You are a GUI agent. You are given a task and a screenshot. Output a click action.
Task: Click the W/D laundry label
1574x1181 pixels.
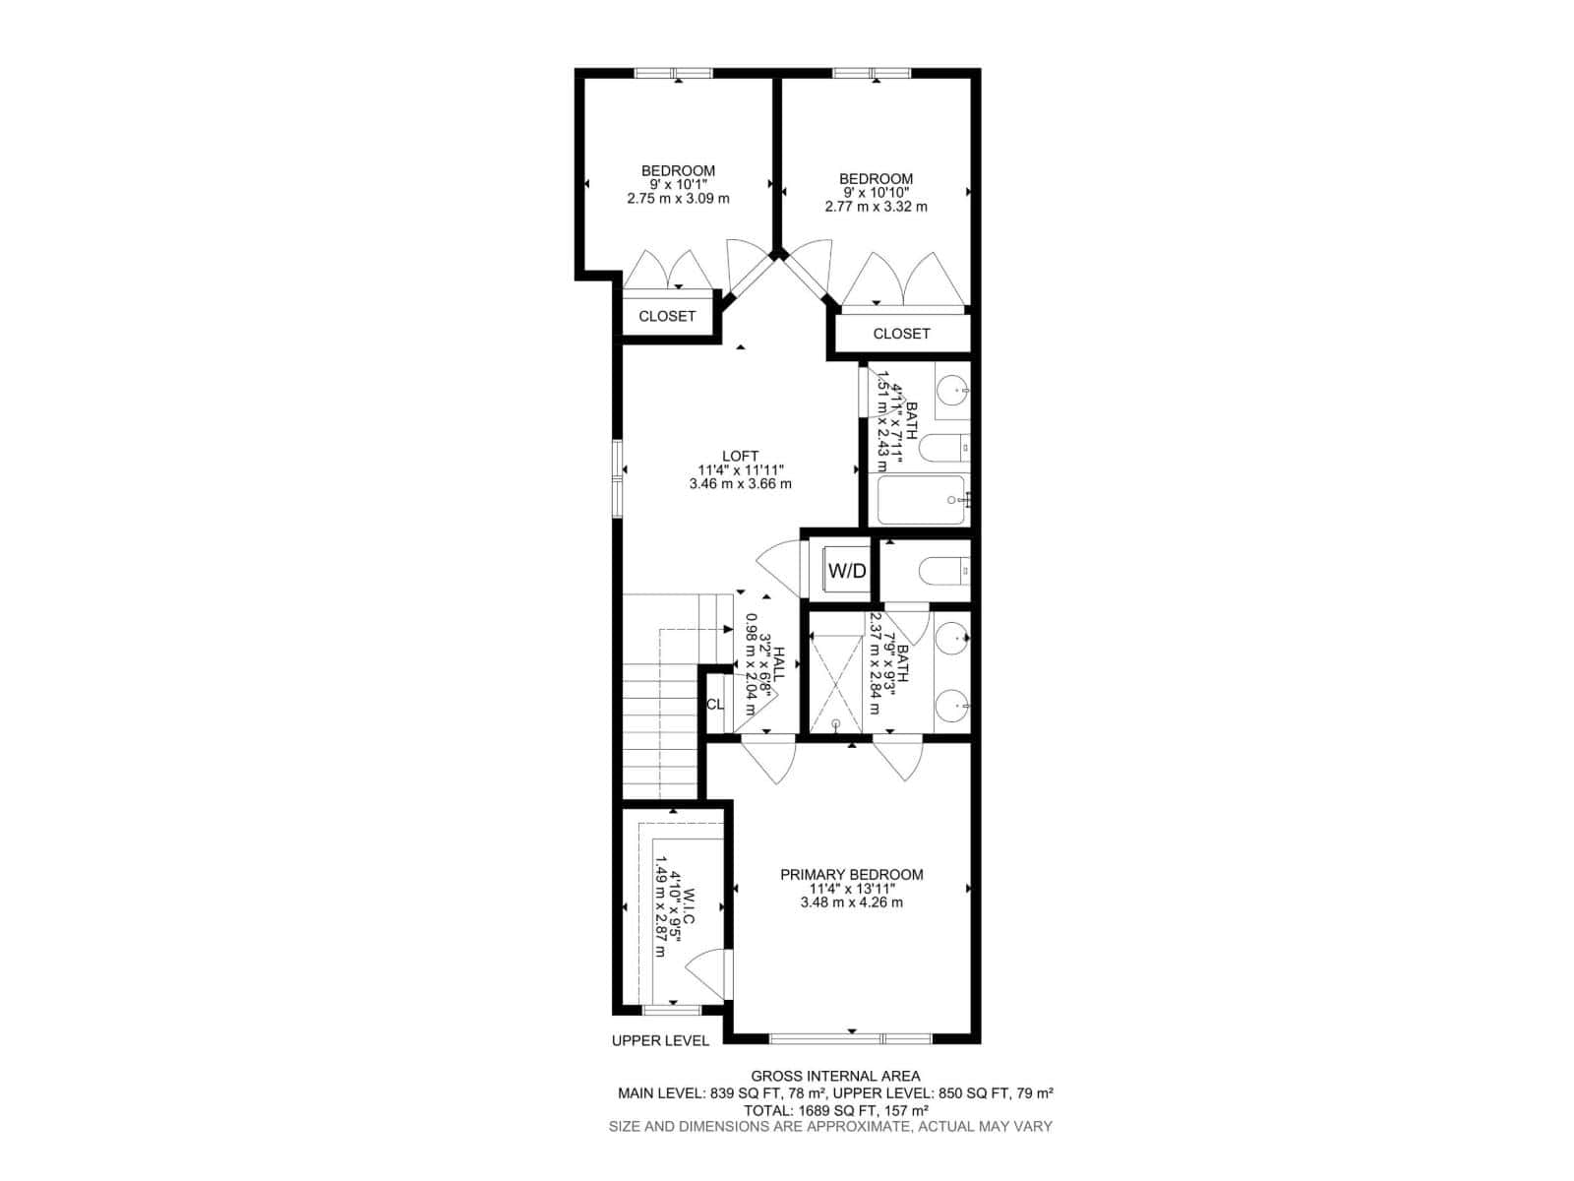click(x=847, y=571)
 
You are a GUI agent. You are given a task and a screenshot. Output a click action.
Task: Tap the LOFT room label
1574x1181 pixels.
click(x=740, y=456)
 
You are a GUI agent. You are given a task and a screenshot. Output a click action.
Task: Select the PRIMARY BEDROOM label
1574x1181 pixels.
click(x=851, y=874)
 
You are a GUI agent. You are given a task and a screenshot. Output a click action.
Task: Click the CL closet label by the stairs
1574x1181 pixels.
click(x=715, y=705)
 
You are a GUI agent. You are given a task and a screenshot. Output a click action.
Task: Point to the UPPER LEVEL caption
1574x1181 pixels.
click(x=660, y=1040)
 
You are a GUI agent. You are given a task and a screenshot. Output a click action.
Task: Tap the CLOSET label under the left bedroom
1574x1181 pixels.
click(x=667, y=316)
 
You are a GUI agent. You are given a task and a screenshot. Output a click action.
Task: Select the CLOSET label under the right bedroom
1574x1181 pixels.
click(x=901, y=334)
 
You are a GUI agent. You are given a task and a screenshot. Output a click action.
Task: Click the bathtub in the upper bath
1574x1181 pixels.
click(x=921, y=500)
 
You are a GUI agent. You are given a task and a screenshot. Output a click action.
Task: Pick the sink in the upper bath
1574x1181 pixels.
click(x=952, y=391)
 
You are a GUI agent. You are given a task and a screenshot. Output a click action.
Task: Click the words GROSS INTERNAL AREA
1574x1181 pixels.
click(x=835, y=1076)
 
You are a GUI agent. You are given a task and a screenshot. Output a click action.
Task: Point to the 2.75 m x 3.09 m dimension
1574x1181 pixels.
click(x=678, y=198)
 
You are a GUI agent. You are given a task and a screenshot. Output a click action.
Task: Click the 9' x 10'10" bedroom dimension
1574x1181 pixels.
click(x=876, y=193)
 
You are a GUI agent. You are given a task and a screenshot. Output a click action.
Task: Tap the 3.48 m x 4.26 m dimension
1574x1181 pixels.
click(x=851, y=901)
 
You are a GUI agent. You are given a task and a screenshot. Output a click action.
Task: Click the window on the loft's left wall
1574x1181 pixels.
click(x=618, y=477)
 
